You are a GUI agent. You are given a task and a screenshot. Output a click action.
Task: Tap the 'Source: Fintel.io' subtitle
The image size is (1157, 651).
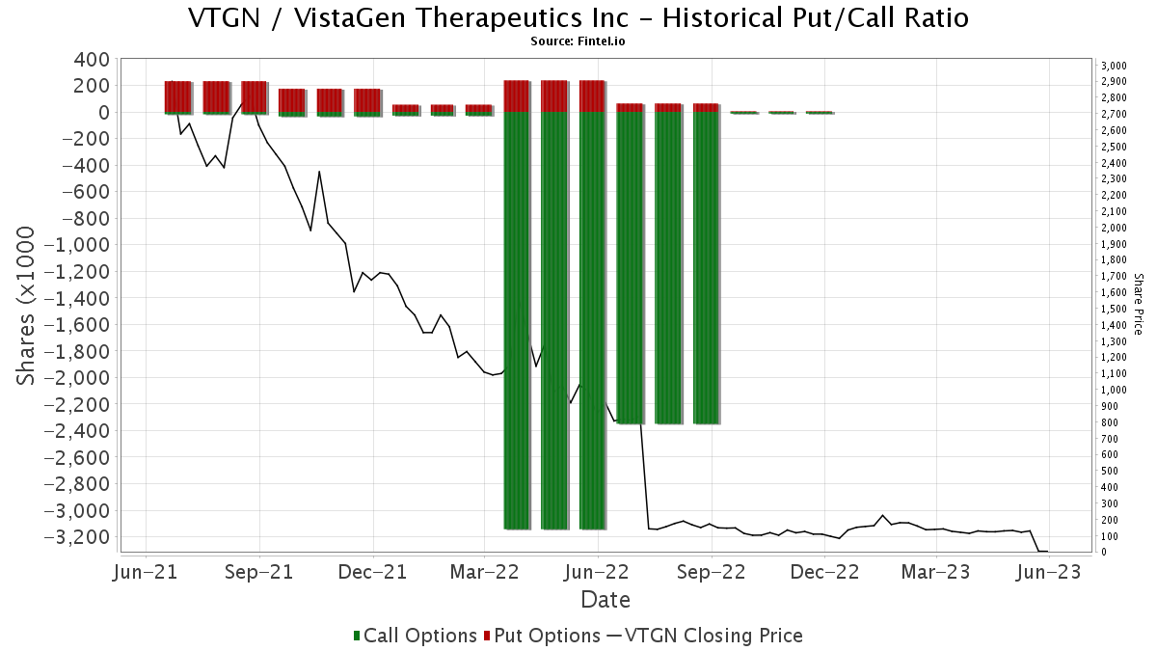point(578,41)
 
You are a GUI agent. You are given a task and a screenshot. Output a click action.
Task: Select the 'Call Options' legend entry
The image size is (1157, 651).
point(416,636)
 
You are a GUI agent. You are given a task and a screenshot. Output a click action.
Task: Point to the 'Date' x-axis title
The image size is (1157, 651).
point(605,600)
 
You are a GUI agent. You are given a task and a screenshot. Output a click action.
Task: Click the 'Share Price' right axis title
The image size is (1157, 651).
point(1139,303)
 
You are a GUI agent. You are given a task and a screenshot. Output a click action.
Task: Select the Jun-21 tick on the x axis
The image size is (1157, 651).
point(146,572)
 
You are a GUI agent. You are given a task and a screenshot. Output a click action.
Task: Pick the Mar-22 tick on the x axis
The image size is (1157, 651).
point(485,572)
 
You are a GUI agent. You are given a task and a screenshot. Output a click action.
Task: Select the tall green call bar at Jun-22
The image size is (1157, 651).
point(592,318)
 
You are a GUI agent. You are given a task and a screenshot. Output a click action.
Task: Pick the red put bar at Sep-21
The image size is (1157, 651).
point(254,96)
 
